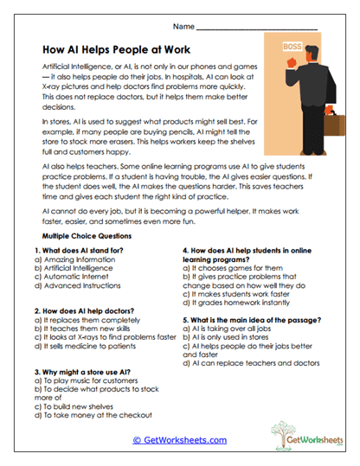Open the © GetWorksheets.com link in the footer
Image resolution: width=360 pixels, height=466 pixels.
pos(180,439)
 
